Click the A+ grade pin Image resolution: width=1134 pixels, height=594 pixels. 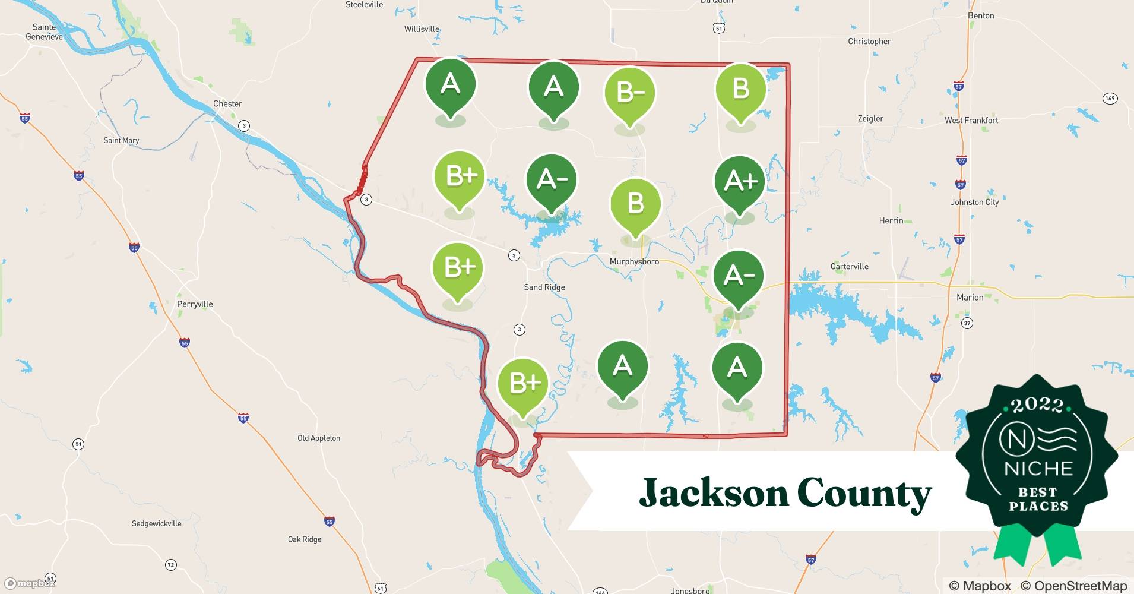click(x=740, y=181)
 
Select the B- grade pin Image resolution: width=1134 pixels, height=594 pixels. click(x=629, y=93)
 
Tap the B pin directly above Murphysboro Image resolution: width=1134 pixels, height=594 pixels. click(x=635, y=204)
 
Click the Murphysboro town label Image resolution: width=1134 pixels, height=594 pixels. click(x=634, y=261)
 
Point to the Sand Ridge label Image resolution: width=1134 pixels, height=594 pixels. click(x=544, y=287)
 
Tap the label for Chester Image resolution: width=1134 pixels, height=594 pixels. click(x=227, y=103)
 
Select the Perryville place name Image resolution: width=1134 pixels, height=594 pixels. click(x=195, y=304)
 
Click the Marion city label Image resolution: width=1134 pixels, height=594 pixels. click(x=970, y=297)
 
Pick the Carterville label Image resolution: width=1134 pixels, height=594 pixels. click(x=849, y=267)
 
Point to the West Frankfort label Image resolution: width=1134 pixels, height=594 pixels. click(x=971, y=120)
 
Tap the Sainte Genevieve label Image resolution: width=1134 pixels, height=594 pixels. click(x=44, y=31)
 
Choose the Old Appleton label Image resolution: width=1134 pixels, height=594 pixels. click(x=319, y=438)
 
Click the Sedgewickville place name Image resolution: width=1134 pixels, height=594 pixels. click(x=156, y=523)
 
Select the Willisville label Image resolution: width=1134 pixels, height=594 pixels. click(x=422, y=29)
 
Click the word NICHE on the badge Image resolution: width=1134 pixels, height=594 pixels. click(x=1038, y=469)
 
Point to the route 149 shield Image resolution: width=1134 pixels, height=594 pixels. click(x=1110, y=99)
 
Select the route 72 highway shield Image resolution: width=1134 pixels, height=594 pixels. click(x=170, y=565)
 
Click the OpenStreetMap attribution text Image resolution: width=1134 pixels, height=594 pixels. click(x=1073, y=586)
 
